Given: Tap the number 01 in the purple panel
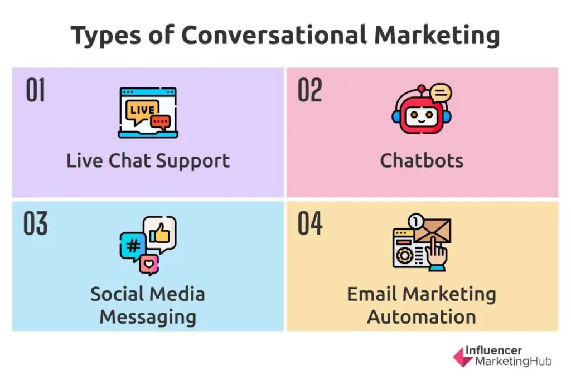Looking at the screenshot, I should tap(36, 91).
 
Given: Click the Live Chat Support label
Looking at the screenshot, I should tap(148, 161).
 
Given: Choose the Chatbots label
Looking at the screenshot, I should tap(422, 161).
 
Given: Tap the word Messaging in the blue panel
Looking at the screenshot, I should tap(148, 317).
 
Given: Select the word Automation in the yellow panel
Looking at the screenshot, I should tap(422, 317).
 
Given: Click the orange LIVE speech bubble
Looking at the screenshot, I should tap(141, 110).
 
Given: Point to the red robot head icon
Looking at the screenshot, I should tap(419, 114).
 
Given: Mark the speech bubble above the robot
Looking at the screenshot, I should tap(441, 92).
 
